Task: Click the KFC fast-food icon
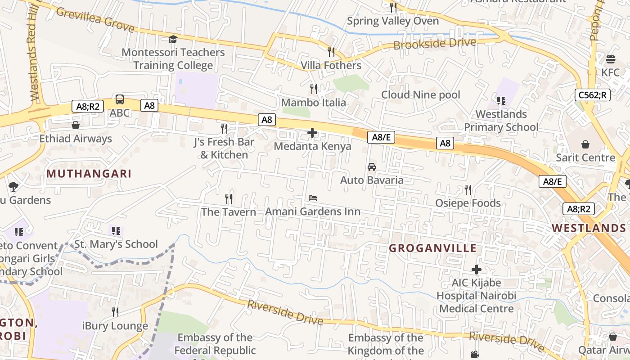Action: click(610, 59)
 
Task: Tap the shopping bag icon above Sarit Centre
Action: click(585, 144)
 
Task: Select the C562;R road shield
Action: click(592, 95)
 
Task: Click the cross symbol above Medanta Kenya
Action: click(312, 133)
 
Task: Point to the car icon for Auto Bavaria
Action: click(372, 167)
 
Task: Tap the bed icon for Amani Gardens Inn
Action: click(313, 198)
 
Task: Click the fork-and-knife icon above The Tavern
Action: click(229, 198)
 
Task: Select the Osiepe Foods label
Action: click(468, 203)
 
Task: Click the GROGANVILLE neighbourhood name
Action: click(432, 248)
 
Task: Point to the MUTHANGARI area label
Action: click(89, 174)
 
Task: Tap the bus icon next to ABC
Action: click(120, 99)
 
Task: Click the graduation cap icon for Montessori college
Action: click(173, 40)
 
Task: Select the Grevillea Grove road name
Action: click(95, 20)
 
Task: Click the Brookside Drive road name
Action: click(435, 44)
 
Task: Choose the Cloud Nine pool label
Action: click(421, 95)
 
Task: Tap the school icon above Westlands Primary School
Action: click(501, 101)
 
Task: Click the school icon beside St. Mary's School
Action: click(116, 231)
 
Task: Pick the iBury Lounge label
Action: click(115, 326)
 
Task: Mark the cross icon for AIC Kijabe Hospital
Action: click(477, 270)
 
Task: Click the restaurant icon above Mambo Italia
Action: click(314, 89)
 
